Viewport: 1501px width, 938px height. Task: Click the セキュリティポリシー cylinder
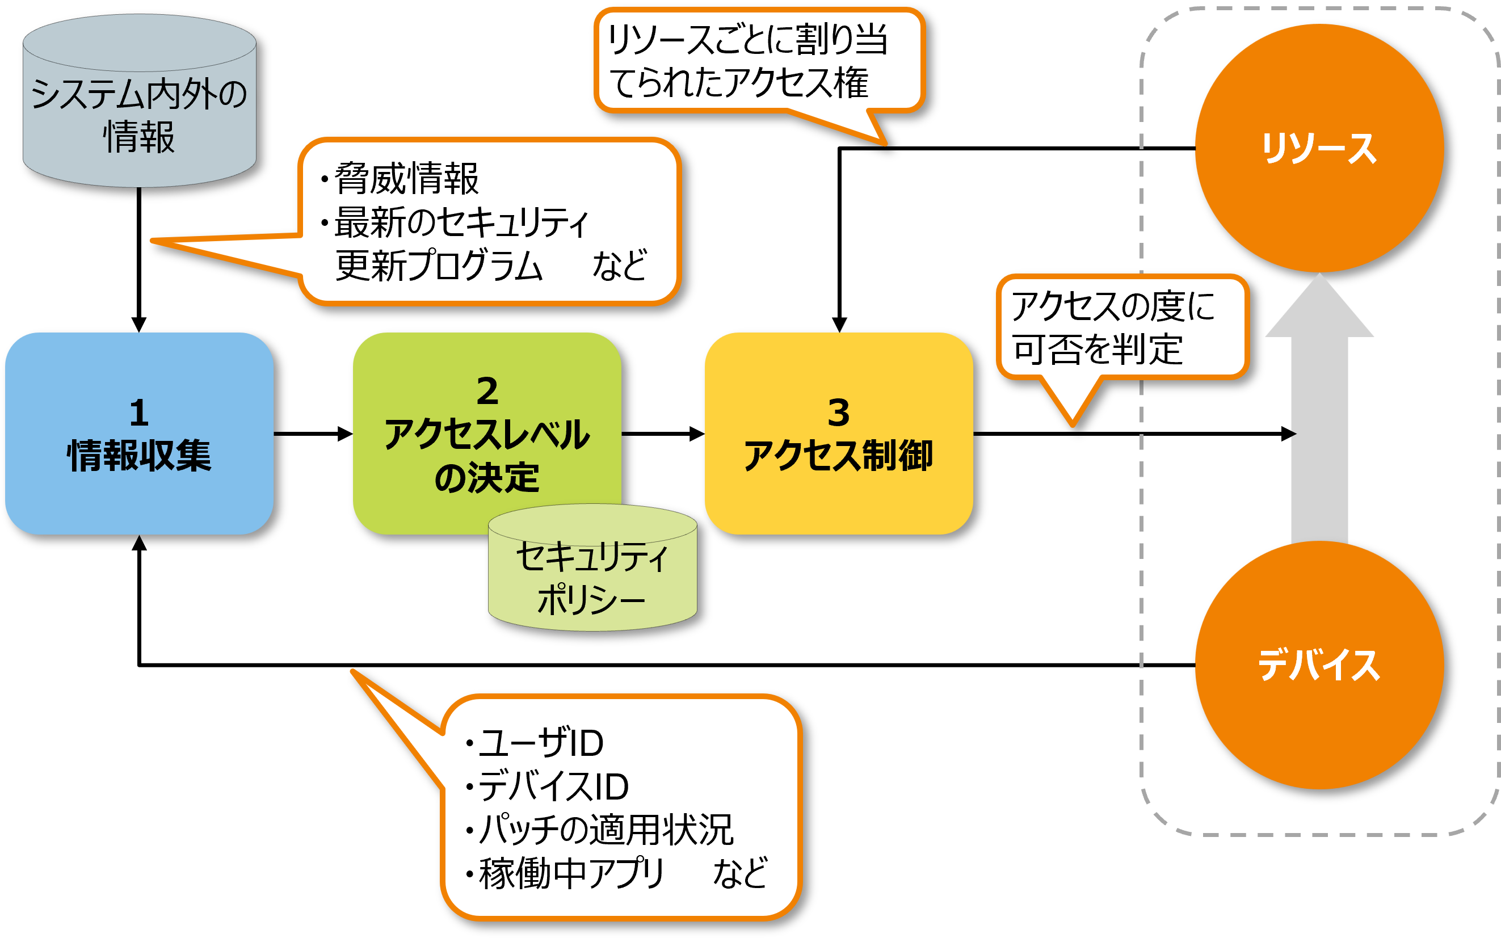pyautogui.click(x=592, y=577)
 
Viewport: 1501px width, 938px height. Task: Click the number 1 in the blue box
pyautogui.click(x=139, y=413)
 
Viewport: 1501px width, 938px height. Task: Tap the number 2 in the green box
pyautogui.click(x=487, y=391)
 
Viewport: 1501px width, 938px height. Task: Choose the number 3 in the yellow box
pyautogui.click(x=839, y=413)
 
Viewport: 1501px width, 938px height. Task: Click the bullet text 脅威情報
pyautogui.click(x=406, y=179)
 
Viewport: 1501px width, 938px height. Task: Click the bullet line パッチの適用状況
pyautogui.click(x=606, y=830)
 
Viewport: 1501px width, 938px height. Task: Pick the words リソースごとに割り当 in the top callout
pyautogui.click(x=747, y=40)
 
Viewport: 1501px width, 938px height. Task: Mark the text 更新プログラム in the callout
pyautogui.click(x=439, y=266)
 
